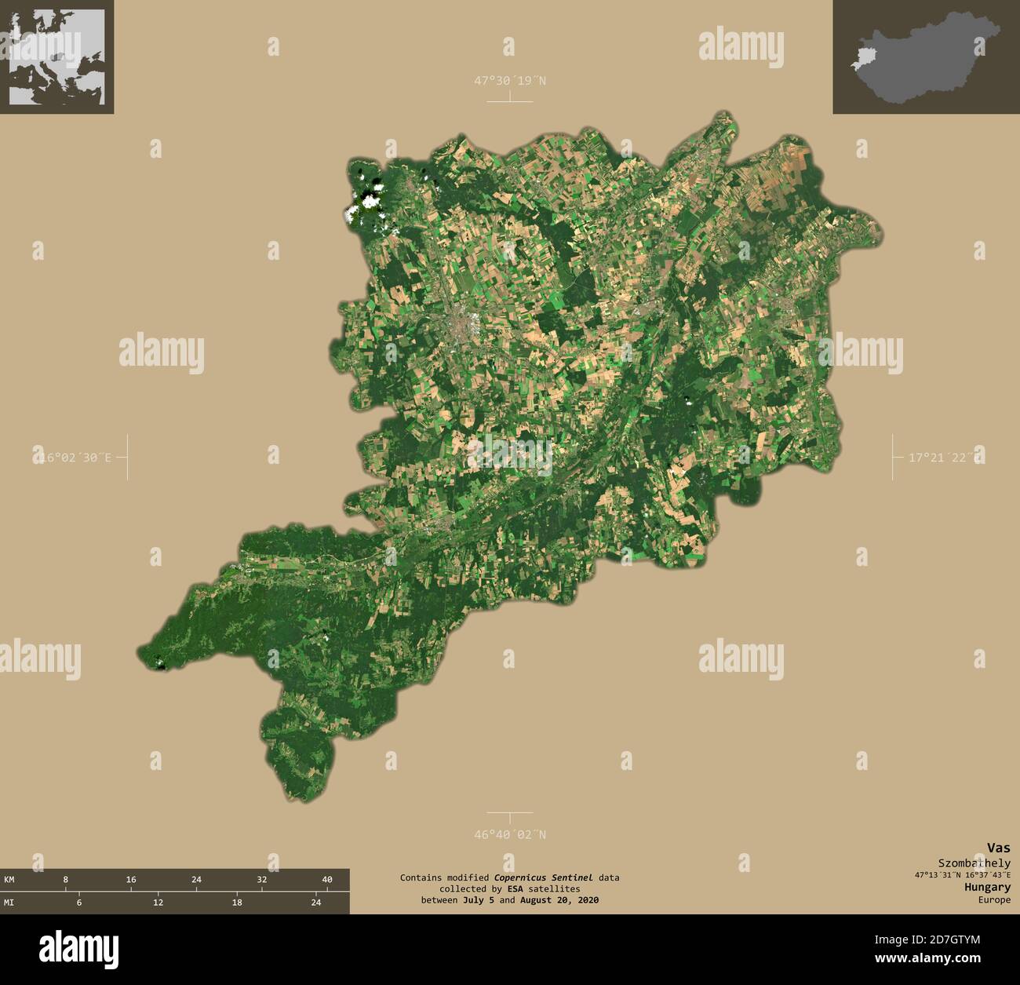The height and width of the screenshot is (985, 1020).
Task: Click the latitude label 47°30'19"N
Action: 509,80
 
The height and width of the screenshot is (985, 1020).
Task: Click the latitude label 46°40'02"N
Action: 509,834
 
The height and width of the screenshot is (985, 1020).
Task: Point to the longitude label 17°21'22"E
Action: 945,456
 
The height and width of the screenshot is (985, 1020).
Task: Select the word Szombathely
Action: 974,863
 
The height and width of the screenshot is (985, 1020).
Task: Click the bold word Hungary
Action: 988,887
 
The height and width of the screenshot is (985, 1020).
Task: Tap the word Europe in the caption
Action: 994,899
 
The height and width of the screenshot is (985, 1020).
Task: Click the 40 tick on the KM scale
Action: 327,879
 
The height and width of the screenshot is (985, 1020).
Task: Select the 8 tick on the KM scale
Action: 66,879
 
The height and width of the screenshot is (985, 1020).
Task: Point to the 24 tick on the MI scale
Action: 316,903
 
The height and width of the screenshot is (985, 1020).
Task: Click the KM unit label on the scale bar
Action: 9,879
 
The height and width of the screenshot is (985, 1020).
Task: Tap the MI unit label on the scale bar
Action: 9,903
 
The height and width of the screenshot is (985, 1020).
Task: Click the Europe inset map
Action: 56,57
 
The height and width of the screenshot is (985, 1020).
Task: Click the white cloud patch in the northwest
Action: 367,199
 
